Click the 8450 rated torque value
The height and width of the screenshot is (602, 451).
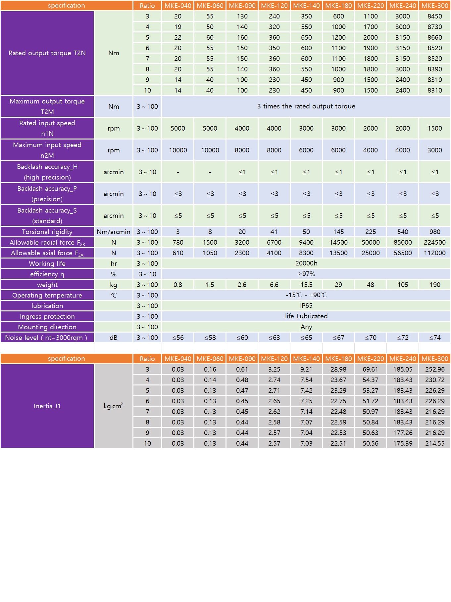pyautogui.click(x=434, y=16)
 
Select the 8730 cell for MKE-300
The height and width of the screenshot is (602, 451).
pyautogui.click(x=434, y=27)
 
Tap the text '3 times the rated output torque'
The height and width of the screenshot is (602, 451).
pyautogui.click(x=306, y=106)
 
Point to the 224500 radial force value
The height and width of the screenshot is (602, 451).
pyautogui.click(x=434, y=242)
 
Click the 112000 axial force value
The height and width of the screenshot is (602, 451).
pyautogui.click(x=434, y=253)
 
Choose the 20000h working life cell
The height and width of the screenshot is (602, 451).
pyautogui.click(x=306, y=263)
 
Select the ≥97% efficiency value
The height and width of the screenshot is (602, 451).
pyautogui.click(x=306, y=274)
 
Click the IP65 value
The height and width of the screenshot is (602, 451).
pyautogui.click(x=306, y=306)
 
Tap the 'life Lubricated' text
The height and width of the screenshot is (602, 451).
pyautogui.click(x=306, y=316)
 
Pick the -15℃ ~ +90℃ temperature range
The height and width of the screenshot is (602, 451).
pyautogui.click(x=306, y=295)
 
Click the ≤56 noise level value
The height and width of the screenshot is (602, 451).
pyautogui.click(x=178, y=338)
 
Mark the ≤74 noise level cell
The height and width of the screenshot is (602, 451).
pyautogui.click(x=434, y=338)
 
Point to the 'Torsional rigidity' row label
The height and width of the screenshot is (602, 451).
pyautogui.click(x=47, y=232)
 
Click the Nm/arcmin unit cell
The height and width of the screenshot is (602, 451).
pyautogui.click(x=114, y=232)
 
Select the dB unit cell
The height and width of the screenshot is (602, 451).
pyautogui.click(x=114, y=338)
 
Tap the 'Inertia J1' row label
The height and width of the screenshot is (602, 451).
pyautogui.click(x=47, y=406)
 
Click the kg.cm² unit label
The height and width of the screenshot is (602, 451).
pyautogui.click(x=114, y=406)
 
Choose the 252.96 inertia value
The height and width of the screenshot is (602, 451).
pyautogui.click(x=434, y=369)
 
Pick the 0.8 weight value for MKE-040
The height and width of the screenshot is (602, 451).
pyautogui.click(x=178, y=285)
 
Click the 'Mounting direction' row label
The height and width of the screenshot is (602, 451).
pyautogui.click(x=47, y=327)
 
